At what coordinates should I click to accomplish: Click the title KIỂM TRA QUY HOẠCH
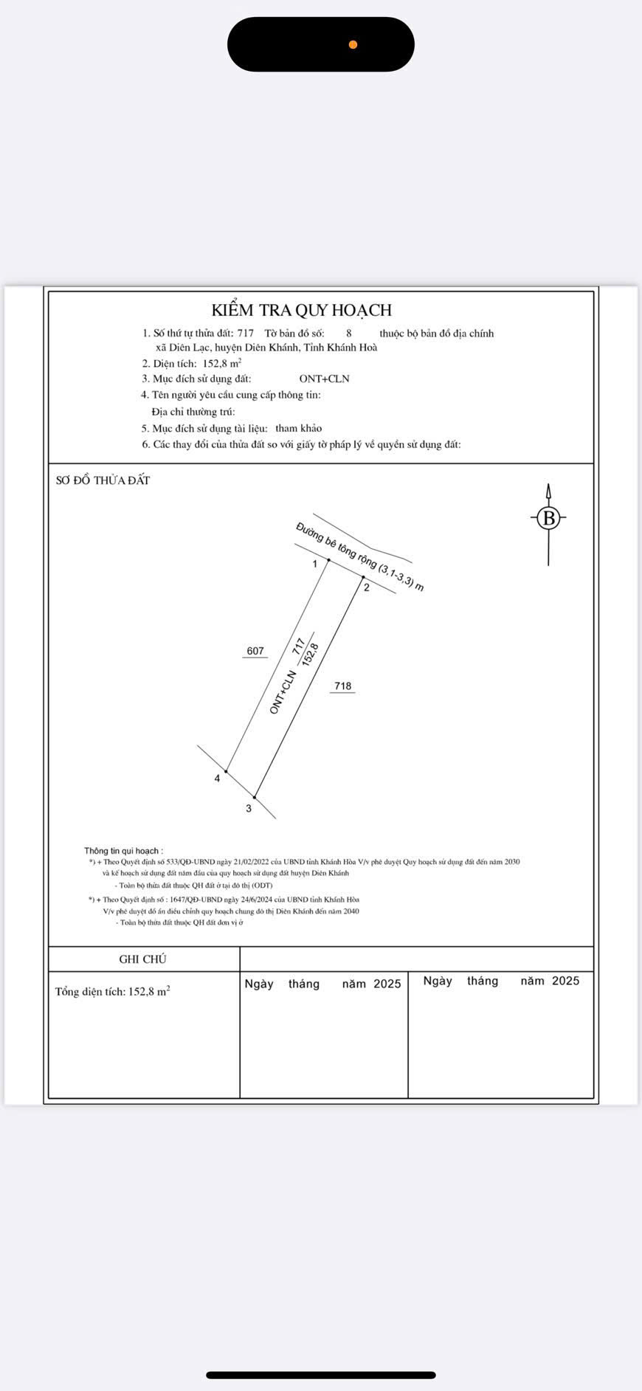301,310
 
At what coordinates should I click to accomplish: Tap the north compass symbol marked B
548,518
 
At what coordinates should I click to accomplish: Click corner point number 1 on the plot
328,561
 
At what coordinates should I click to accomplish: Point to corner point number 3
255,797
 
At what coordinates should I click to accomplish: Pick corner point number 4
226,772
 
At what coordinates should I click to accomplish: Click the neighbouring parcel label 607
255,651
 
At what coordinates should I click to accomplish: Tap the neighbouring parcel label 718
342,686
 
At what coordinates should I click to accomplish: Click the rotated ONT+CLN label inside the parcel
283,691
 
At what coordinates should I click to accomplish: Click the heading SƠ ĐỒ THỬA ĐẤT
103,480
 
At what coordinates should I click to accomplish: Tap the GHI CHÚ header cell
143,959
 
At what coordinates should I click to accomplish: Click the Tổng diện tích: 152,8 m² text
112,992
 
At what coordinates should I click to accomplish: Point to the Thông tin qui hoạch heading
123,851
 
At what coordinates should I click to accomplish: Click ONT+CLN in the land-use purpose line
324,379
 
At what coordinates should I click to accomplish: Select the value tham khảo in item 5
298,428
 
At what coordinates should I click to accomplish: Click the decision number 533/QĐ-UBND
187,862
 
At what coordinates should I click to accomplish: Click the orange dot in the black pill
353,45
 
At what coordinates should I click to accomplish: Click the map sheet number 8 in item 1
349,334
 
